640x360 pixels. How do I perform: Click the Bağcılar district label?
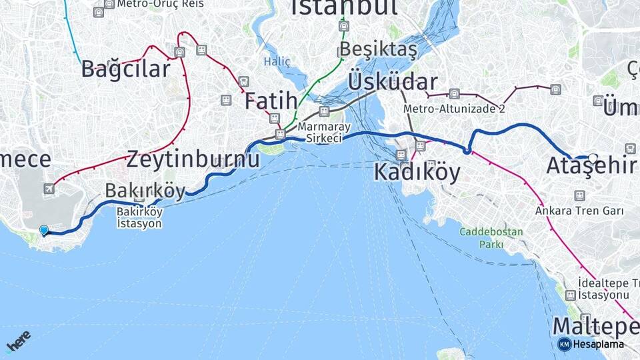coord(125,69)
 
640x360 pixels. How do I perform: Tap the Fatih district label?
coord(270,102)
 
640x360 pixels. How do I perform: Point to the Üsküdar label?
coord(392,82)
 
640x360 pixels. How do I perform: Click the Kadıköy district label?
coord(417,172)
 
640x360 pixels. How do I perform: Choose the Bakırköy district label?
coord(145,191)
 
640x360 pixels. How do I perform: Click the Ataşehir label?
coord(591,166)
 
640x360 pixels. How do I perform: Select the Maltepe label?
coord(595,327)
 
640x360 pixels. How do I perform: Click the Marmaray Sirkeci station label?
coord(320,132)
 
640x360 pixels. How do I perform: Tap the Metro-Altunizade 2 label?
coord(453,109)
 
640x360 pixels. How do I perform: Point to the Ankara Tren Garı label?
coord(579,211)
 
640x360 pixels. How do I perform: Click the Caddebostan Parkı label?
coord(491,238)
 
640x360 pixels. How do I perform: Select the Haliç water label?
coord(277,61)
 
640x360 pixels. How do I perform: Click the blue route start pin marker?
coord(44,230)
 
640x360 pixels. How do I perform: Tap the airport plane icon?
coord(49,189)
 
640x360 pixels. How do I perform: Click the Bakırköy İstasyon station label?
coord(139,217)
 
